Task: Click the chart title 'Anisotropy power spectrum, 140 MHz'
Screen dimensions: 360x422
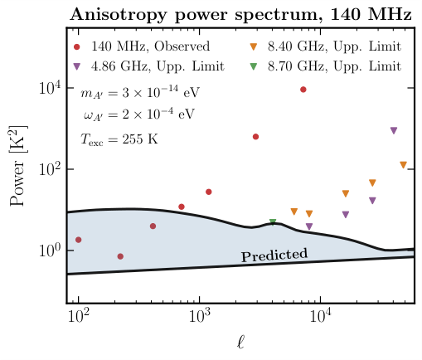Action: pos(240,14)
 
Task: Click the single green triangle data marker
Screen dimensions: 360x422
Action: pos(273,222)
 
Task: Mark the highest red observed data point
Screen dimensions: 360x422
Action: pos(303,90)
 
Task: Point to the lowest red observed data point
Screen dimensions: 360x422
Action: pos(121,256)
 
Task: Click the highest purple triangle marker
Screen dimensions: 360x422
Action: pos(393,131)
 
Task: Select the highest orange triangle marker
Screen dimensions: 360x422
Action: pos(403,165)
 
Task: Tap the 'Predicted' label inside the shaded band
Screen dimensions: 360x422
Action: pos(274,255)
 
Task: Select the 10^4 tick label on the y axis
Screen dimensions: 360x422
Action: pos(45,89)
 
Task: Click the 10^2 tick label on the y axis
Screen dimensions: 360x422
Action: pos(45,169)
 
